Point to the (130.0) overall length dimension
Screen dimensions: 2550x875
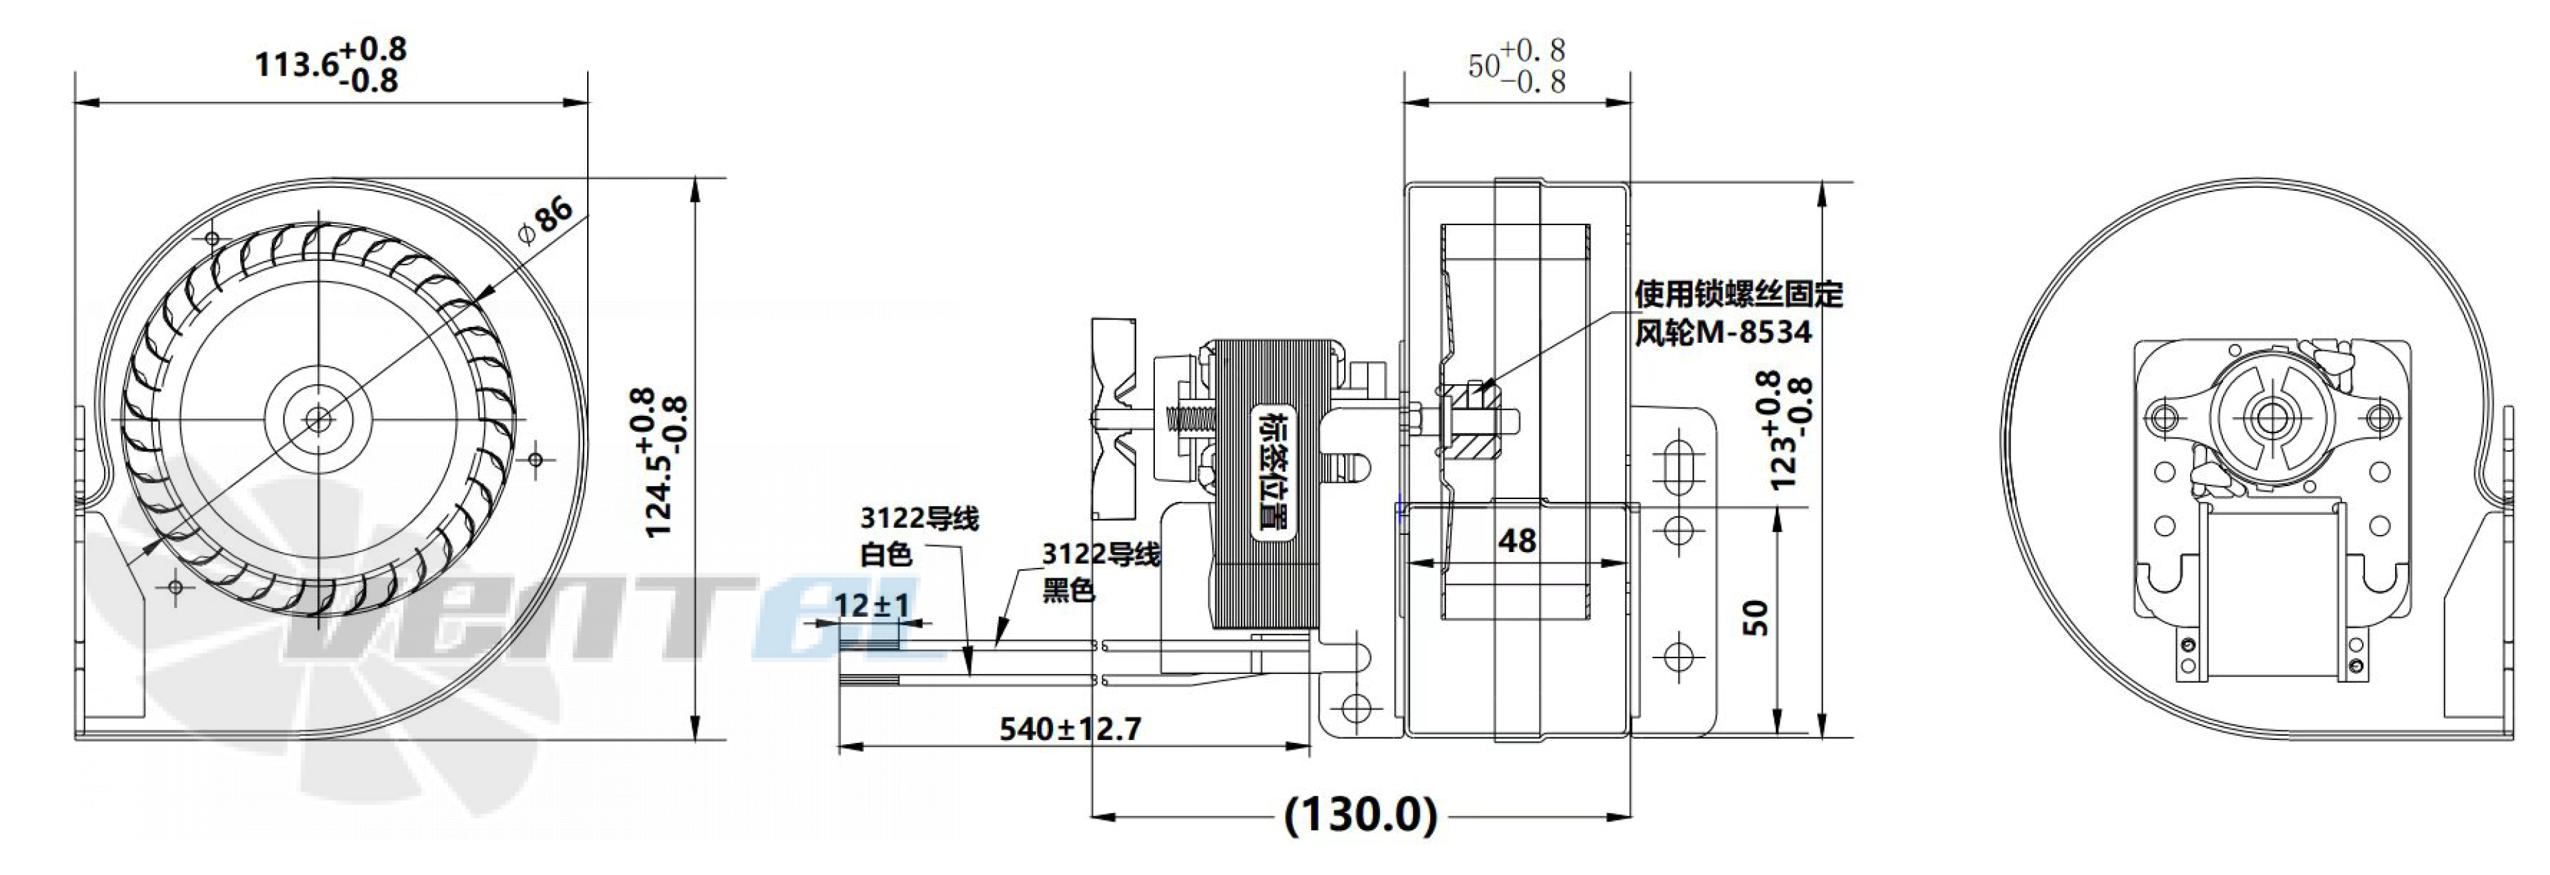click(1360, 816)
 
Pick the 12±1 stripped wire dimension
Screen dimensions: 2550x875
click(871, 604)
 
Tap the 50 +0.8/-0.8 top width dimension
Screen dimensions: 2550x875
click(1516, 65)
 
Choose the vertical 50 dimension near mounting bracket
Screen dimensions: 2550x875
click(1755, 617)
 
